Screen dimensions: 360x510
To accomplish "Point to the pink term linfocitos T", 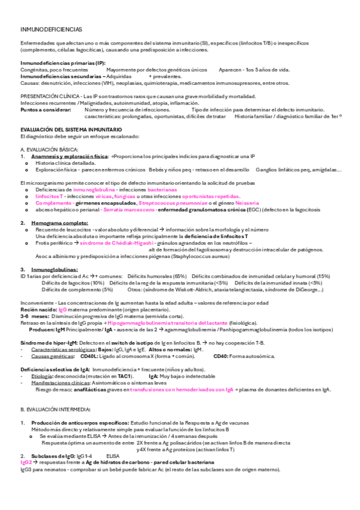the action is pos(49,197).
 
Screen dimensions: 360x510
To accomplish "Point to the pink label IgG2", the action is pos(27,462).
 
